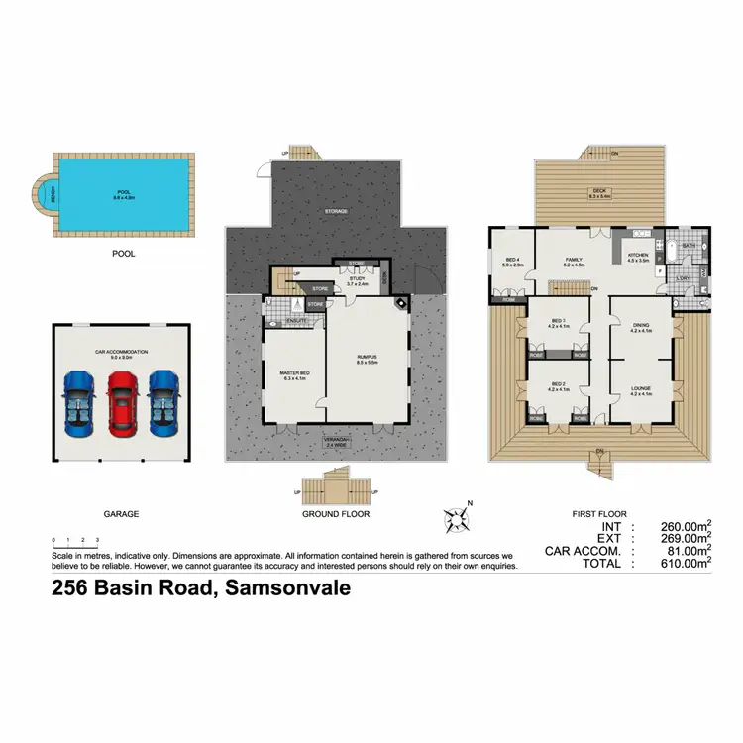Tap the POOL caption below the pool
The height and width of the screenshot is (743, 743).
click(124, 254)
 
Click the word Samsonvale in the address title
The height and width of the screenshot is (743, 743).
click(287, 588)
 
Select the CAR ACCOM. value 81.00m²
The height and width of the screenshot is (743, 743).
click(689, 551)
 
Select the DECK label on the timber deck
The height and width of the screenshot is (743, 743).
click(598, 192)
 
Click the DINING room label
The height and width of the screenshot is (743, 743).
click(641, 327)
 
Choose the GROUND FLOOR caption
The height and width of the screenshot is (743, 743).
click(335, 515)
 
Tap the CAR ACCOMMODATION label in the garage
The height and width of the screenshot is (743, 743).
click(122, 350)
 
